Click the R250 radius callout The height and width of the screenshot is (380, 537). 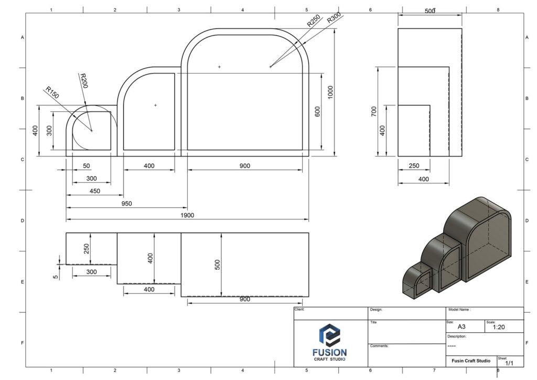pos(314,20)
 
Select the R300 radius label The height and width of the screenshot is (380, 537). pos(334,17)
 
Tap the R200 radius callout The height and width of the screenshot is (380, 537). pos(83,80)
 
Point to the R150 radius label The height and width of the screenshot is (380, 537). pos(52,92)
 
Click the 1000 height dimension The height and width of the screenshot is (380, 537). pos(330,92)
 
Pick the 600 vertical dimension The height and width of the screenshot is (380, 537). pos(317,112)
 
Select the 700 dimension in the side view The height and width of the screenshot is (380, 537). pos(373,111)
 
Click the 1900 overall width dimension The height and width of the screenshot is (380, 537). pos(187,215)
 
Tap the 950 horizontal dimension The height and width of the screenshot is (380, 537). pos(126,204)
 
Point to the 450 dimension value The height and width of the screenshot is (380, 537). pos(95,191)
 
